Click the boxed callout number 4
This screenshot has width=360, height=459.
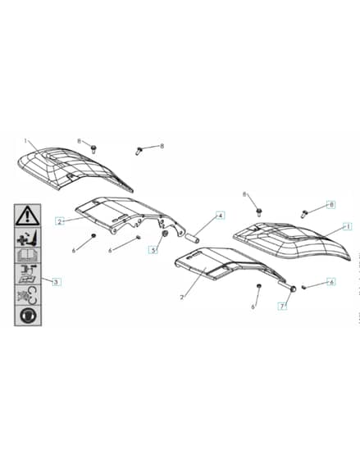(221, 216)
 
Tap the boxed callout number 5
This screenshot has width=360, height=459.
(153, 250)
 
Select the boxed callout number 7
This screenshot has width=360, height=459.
(282, 307)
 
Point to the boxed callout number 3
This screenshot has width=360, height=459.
(57, 282)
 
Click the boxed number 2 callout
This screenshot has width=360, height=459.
(60, 221)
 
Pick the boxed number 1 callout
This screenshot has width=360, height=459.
(348, 226)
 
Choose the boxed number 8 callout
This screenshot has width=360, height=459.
(331, 205)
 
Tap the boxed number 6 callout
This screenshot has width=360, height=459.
(331, 282)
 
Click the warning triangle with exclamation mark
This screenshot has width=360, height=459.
(28, 216)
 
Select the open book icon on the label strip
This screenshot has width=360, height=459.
(28, 255)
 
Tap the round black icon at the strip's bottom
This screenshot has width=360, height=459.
(28, 316)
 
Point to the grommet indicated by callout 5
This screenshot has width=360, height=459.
(165, 234)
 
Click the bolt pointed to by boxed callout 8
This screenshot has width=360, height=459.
(304, 214)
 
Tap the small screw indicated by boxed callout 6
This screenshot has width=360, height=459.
(303, 287)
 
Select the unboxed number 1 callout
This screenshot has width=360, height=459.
(25, 141)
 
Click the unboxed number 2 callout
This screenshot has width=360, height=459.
(181, 297)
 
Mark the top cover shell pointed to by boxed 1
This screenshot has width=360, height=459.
(291, 242)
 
